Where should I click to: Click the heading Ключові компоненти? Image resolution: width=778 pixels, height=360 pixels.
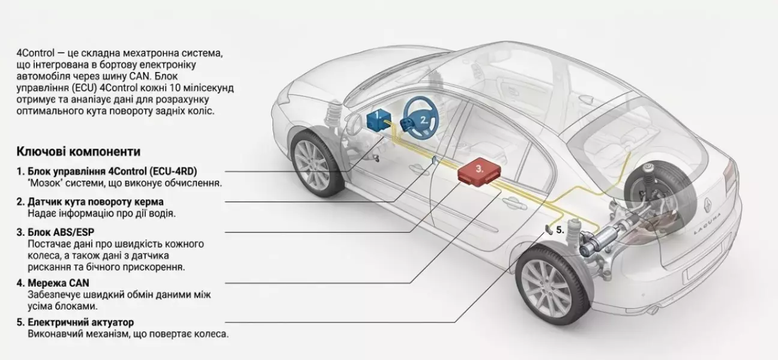tap(79, 151)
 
